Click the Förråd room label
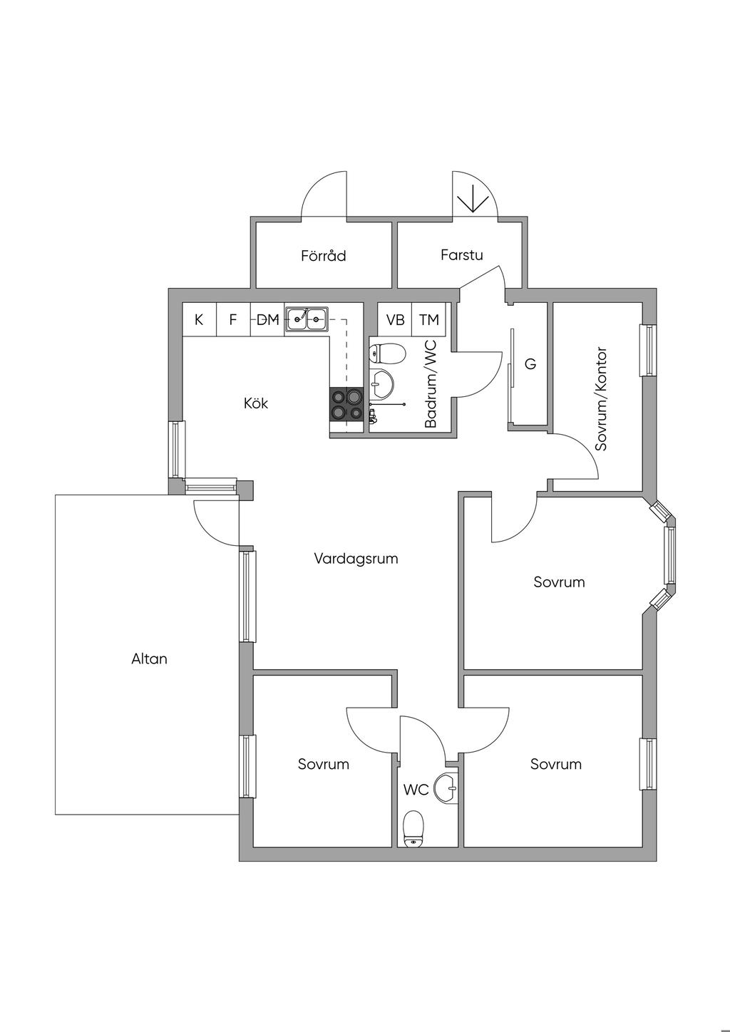tap(323, 255)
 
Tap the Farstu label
tap(461, 254)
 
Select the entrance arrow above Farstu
tap(470, 197)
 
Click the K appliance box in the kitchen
tap(199, 320)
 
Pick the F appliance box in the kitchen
tap(232, 320)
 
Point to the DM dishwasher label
tap(267, 320)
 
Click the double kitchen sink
tap(307, 319)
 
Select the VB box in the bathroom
tap(395, 320)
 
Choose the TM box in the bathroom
tap(429, 320)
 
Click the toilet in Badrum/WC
tap(387, 352)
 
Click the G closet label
tap(530, 364)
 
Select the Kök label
tap(256, 403)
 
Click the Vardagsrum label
tap(356, 559)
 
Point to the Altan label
tap(149, 659)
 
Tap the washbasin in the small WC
tap(448, 788)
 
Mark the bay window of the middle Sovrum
tap(669, 556)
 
